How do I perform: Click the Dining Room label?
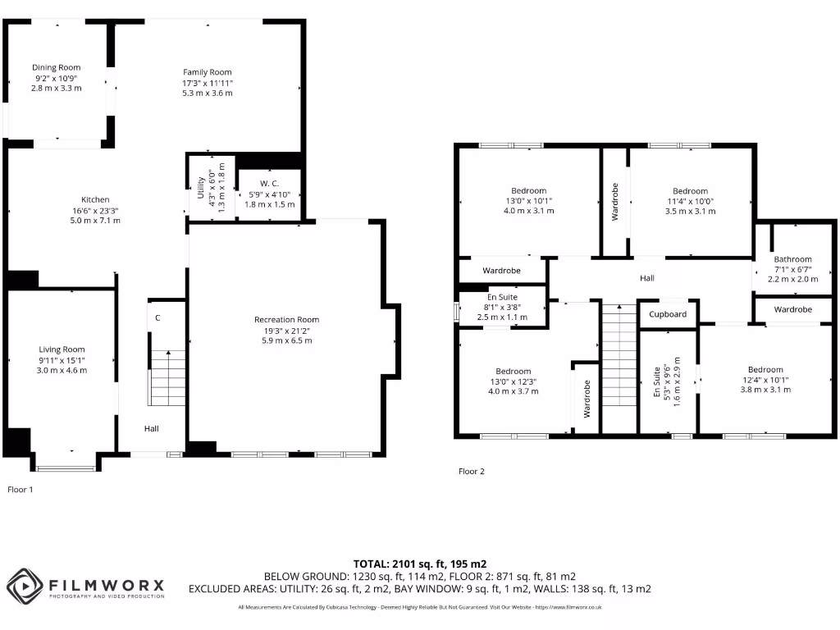[x=57, y=67]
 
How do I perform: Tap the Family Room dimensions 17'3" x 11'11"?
[x=208, y=83]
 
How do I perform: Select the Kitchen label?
[x=95, y=199]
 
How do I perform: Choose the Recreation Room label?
[x=286, y=319]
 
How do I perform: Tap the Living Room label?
[x=62, y=349]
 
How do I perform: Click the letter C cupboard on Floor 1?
[x=157, y=317]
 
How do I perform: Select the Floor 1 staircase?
[x=169, y=377]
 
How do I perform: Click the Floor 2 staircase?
[x=619, y=366]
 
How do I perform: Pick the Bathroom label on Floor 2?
[x=792, y=259]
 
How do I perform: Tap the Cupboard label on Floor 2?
[x=668, y=314]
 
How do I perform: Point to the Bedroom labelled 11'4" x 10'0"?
[x=690, y=191]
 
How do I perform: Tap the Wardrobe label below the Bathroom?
[x=792, y=309]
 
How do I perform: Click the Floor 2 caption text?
[x=472, y=472]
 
